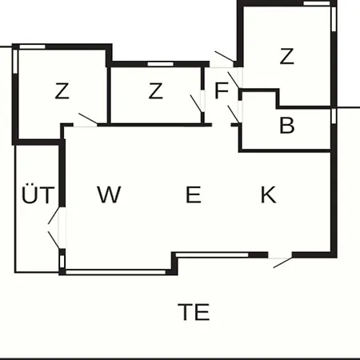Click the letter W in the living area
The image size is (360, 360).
tap(109, 194)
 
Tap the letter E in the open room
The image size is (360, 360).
tap(193, 194)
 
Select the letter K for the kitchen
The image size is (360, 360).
tap(268, 194)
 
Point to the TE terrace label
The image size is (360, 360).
tap(194, 311)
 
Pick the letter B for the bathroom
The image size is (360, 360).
tap(287, 125)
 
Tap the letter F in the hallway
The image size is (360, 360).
tap(222, 90)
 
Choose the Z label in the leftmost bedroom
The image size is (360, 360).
tap(62, 90)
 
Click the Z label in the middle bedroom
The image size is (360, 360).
tap(155, 90)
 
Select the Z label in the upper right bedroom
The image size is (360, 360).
tap(286, 56)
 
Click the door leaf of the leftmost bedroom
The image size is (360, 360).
tap(88, 118)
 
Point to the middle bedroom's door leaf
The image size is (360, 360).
tap(196, 103)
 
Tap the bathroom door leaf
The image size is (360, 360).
tap(234, 114)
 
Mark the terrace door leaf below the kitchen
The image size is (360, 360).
tap(283, 262)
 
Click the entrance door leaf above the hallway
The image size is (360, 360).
tap(225, 57)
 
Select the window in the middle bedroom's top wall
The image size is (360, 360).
tap(161, 64)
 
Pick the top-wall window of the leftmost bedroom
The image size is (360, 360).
tap(32, 47)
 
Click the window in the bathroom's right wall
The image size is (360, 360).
tap(334, 116)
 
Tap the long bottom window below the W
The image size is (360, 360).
tap(116, 272)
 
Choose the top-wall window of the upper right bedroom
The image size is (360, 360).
tap(317, 3)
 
